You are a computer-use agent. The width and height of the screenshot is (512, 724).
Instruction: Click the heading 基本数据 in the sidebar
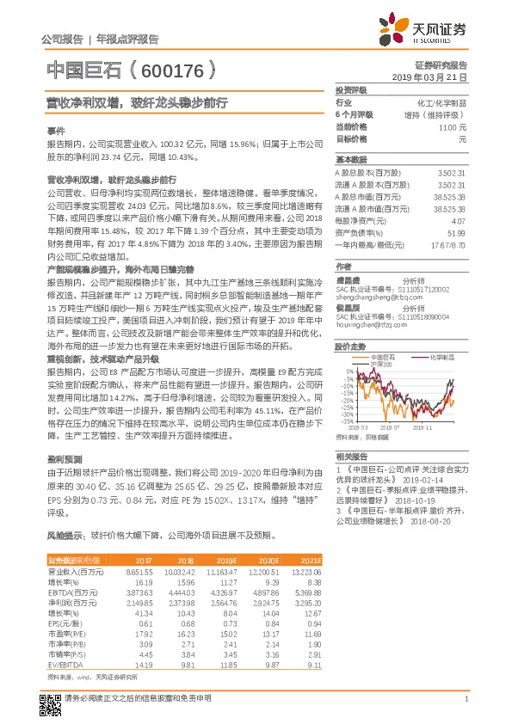click(x=350, y=160)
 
